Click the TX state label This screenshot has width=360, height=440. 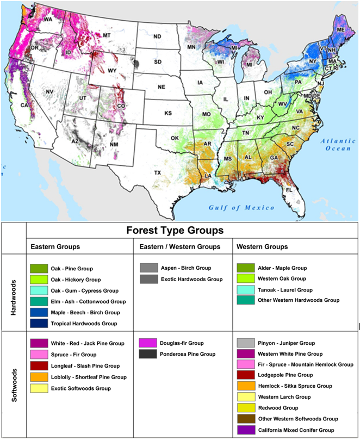(158, 172)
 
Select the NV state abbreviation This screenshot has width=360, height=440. (49, 92)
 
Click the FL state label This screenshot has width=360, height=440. (289, 190)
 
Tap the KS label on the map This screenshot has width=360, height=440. (168, 113)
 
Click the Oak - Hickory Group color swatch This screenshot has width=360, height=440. (39, 279)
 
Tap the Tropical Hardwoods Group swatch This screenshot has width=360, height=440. (39, 323)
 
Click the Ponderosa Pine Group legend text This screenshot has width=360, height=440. (188, 354)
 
